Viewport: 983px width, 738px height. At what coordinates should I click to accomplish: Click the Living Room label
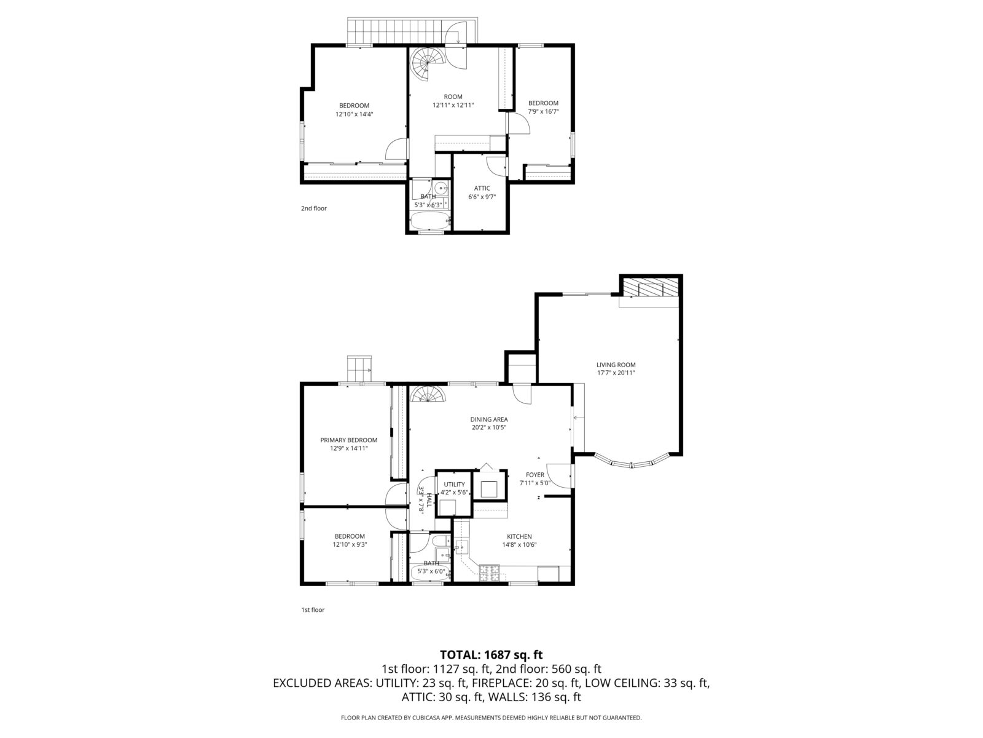(x=616, y=365)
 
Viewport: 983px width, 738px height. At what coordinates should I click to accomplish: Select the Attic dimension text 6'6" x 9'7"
(x=482, y=197)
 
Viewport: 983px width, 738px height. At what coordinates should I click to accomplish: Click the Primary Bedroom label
(x=348, y=440)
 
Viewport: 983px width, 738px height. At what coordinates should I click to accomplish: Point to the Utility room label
(x=454, y=485)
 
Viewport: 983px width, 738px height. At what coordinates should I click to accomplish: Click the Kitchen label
(x=519, y=536)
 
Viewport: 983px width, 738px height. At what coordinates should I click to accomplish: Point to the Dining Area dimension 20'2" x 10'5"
(x=489, y=427)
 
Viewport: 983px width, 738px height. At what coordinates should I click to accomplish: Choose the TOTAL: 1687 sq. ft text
(x=491, y=654)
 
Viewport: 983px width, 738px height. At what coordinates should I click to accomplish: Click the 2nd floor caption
(x=313, y=208)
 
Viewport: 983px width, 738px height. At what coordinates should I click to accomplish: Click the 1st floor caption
(x=313, y=610)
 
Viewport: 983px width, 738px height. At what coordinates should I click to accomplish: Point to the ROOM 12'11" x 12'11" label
(x=453, y=101)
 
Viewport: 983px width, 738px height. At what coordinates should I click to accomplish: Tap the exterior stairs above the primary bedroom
(x=359, y=369)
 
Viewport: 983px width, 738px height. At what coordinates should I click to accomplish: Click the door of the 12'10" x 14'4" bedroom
(x=397, y=149)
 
